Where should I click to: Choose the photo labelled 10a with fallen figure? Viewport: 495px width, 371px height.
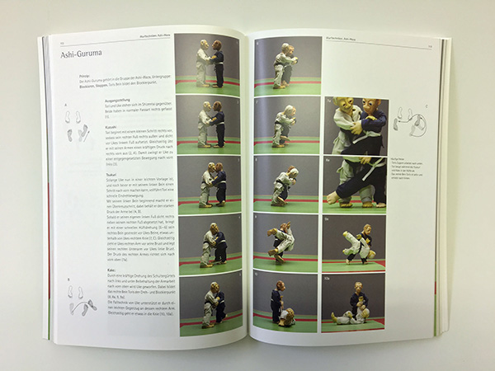point(355,300)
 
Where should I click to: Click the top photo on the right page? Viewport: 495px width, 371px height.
point(285,63)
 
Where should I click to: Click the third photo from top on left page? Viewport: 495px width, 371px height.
point(209,182)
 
